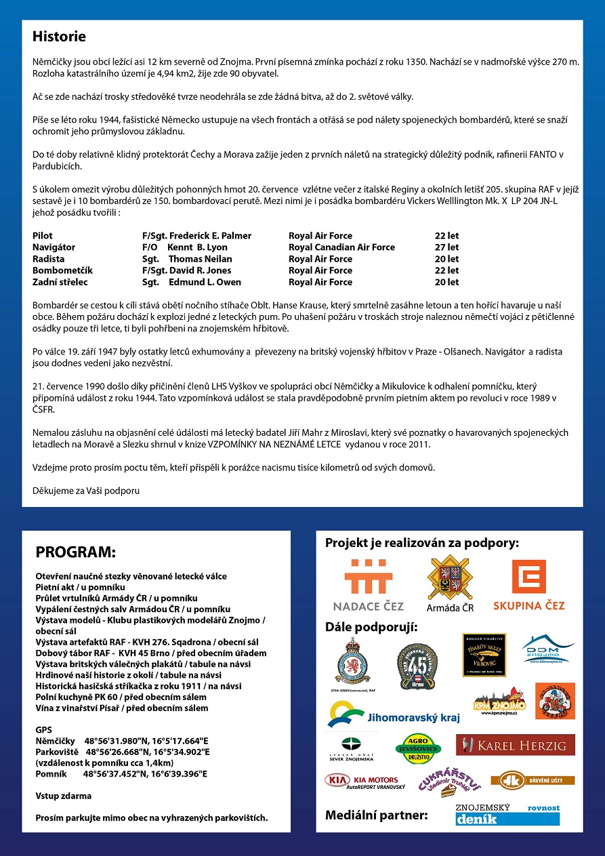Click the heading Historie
click(x=59, y=37)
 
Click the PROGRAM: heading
click(x=75, y=551)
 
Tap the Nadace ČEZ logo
click(x=368, y=584)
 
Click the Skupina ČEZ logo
click(x=528, y=584)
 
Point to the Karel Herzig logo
click(x=515, y=745)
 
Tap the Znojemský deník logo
click(x=507, y=815)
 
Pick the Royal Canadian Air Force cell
click(x=341, y=247)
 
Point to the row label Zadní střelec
click(x=60, y=282)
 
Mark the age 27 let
click(x=446, y=247)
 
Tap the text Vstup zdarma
click(x=63, y=796)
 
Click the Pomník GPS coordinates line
click(x=121, y=773)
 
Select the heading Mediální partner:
click(x=376, y=815)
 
